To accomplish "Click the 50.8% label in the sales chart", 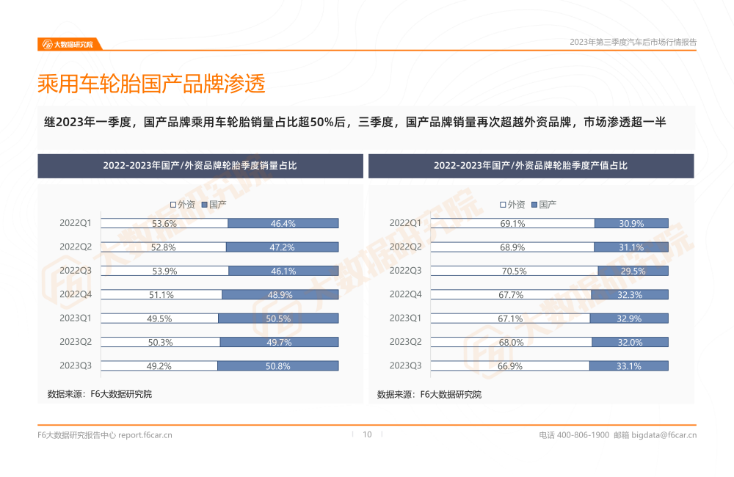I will point(281,365).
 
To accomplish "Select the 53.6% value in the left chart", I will point(164,223).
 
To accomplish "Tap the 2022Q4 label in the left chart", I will point(76,294).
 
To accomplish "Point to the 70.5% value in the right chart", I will point(514,271).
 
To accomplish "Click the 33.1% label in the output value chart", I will point(630,365).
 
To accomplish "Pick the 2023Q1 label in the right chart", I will point(405,318).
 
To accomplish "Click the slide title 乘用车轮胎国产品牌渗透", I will point(151,84).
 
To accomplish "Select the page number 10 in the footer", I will point(367,434).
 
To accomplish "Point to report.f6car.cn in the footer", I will point(145,435).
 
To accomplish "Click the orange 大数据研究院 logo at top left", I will point(68,44).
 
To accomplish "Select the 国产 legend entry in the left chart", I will point(217,204).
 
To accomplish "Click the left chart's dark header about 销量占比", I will point(200,166).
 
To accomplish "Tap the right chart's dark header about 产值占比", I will point(531,166).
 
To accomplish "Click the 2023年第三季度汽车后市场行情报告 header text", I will point(633,43).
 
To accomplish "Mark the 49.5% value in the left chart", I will point(160,318).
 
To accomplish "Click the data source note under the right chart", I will point(429,394).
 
